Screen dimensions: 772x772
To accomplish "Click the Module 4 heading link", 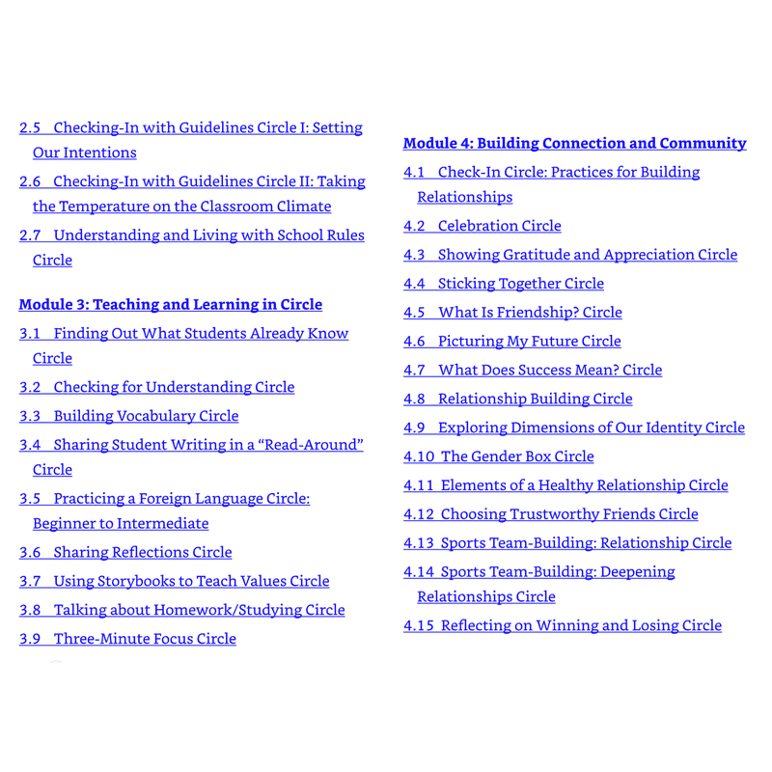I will point(574,144).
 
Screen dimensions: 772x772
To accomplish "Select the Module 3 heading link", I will point(171,305).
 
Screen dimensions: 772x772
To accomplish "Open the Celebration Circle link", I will point(482,226).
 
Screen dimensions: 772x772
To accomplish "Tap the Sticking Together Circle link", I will point(504,284).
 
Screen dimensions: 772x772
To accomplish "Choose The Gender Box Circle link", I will point(499,456).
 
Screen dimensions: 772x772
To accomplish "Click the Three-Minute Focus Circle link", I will point(127,639).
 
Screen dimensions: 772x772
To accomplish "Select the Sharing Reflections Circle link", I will point(125,552).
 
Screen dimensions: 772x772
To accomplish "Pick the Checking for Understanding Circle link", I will point(156,387).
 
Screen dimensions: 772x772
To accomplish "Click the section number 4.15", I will point(419,625).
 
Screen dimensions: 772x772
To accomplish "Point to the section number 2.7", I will point(30,235).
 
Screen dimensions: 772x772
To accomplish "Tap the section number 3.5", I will point(30,499).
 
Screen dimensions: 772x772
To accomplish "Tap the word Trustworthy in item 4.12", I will point(564,514).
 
